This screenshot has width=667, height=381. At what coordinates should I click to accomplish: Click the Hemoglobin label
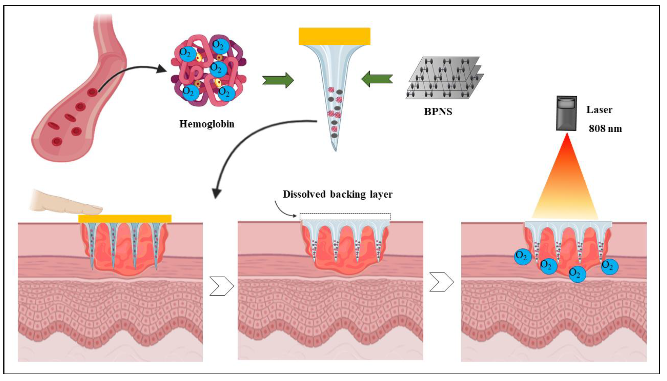coord(207,124)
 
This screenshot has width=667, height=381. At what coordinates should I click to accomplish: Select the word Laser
coord(599,110)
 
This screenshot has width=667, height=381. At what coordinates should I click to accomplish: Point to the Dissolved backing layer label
coord(337,194)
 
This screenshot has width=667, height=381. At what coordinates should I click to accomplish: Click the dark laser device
coord(566,113)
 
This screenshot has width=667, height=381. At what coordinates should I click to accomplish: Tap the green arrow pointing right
coord(278,80)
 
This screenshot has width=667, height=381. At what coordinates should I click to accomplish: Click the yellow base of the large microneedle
coord(334,36)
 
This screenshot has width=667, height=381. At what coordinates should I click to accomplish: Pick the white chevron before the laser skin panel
coord(442,282)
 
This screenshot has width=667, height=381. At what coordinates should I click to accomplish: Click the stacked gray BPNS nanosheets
coord(445,78)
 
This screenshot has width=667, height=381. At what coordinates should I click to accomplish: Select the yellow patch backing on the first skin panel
coord(125,218)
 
